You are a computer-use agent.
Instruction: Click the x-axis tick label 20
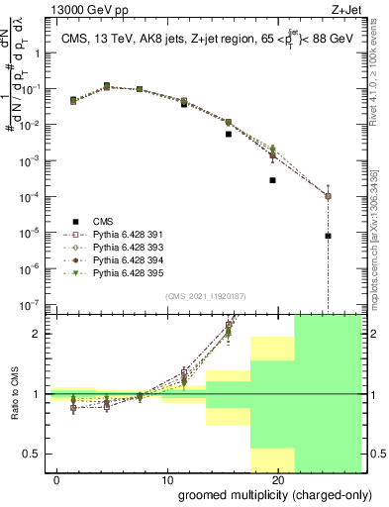[278, 479]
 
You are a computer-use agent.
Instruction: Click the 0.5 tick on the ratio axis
[36, 455]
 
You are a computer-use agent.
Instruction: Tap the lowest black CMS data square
[328, 236]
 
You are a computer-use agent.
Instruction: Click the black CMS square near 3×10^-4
[272, 180]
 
